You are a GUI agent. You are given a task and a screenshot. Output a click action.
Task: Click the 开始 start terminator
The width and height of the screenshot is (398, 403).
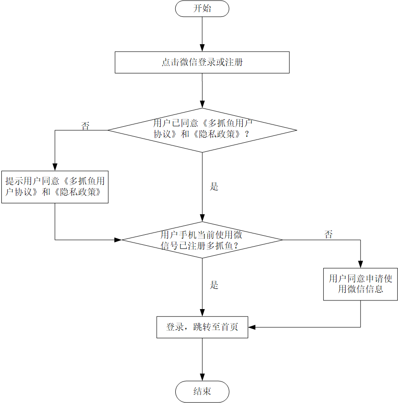(202, 9)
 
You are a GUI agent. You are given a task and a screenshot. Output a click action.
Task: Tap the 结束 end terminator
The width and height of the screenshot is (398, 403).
(202, 392)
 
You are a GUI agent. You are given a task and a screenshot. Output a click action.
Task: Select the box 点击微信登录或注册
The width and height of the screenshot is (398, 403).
(202, 62)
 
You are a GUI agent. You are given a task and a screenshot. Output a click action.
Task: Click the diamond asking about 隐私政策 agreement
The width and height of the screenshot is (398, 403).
(202, 130)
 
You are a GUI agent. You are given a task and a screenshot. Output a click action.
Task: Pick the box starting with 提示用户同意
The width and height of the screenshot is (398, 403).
(55, 186)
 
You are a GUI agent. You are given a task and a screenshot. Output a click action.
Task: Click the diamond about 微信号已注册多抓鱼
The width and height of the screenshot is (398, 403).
(202, 240)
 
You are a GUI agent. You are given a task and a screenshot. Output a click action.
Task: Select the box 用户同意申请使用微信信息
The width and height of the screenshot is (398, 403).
(361, 284)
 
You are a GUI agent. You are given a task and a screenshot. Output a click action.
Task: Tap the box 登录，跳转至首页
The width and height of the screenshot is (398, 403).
(202, 327)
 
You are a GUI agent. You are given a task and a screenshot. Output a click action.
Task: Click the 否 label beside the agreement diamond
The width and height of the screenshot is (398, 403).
(85, 126)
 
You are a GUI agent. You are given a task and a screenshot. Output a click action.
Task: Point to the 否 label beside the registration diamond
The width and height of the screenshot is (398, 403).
(328, 235)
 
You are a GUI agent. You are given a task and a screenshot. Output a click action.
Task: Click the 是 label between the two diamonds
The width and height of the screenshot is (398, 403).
(214, 186)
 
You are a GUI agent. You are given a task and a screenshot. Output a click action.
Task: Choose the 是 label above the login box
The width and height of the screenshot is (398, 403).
(214, 285)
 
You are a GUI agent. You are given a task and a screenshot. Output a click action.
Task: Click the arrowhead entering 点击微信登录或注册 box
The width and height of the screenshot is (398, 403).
(202, 48)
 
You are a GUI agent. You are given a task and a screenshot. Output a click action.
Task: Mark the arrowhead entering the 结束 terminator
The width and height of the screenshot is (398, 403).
(202, 377)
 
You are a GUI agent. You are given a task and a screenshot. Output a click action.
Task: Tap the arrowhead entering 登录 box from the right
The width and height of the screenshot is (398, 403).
(252, 327)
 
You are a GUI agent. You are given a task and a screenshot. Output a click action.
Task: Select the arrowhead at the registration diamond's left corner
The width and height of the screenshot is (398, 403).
(118, 240)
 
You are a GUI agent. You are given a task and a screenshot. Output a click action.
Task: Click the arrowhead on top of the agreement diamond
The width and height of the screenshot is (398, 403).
(202, 104)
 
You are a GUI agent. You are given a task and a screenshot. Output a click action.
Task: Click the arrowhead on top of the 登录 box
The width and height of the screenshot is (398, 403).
(202, 313)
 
